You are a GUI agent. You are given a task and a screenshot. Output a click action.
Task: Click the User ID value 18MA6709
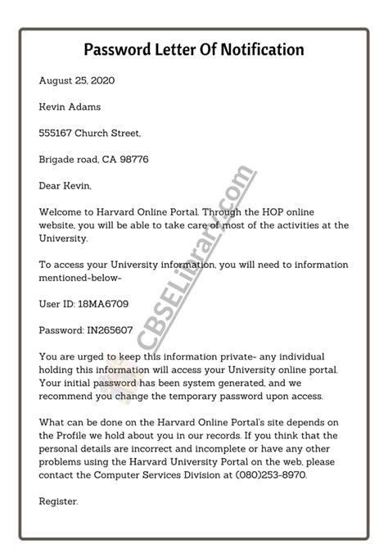pyautogui.click(x=105, y=303)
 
